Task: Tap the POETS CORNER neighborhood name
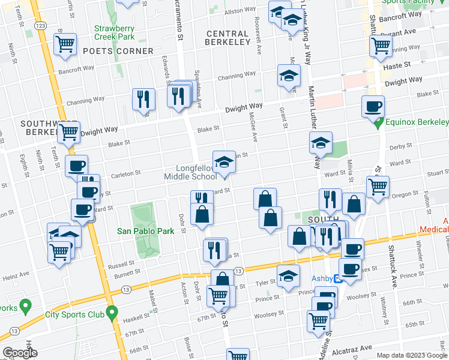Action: coord(118,52)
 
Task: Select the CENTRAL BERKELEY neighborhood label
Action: coord(227,38)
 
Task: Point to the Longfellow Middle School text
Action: coord(191,172)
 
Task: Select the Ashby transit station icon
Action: coord(338,278)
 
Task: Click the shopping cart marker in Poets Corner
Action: coord(65,44)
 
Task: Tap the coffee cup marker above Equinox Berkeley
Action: coord(373,106)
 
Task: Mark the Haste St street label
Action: coord(398,64)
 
